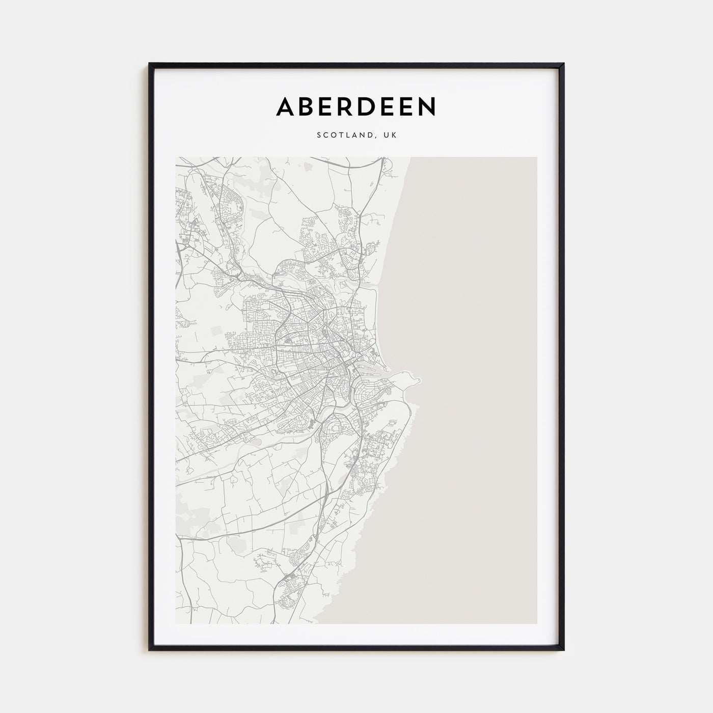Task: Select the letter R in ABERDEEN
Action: click(346, 106)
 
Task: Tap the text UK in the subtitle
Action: click(390, 135)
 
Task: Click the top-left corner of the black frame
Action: click(150, 64)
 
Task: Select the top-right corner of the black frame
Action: click(564, 64)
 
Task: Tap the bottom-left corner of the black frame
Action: click(150, 650)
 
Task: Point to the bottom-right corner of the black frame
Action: click(564, 650)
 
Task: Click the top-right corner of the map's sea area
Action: click(536, 157)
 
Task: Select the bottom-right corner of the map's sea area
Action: click(536, 623)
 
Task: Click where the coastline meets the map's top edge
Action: click(410, 157)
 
